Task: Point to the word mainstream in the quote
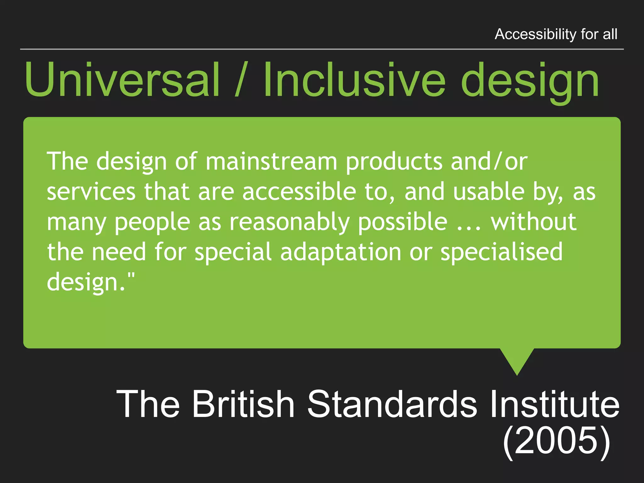(271, 162)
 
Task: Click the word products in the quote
(394, 162)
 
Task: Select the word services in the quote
(91, 192)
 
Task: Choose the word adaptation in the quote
(341, 252)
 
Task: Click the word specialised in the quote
(501, 252)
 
